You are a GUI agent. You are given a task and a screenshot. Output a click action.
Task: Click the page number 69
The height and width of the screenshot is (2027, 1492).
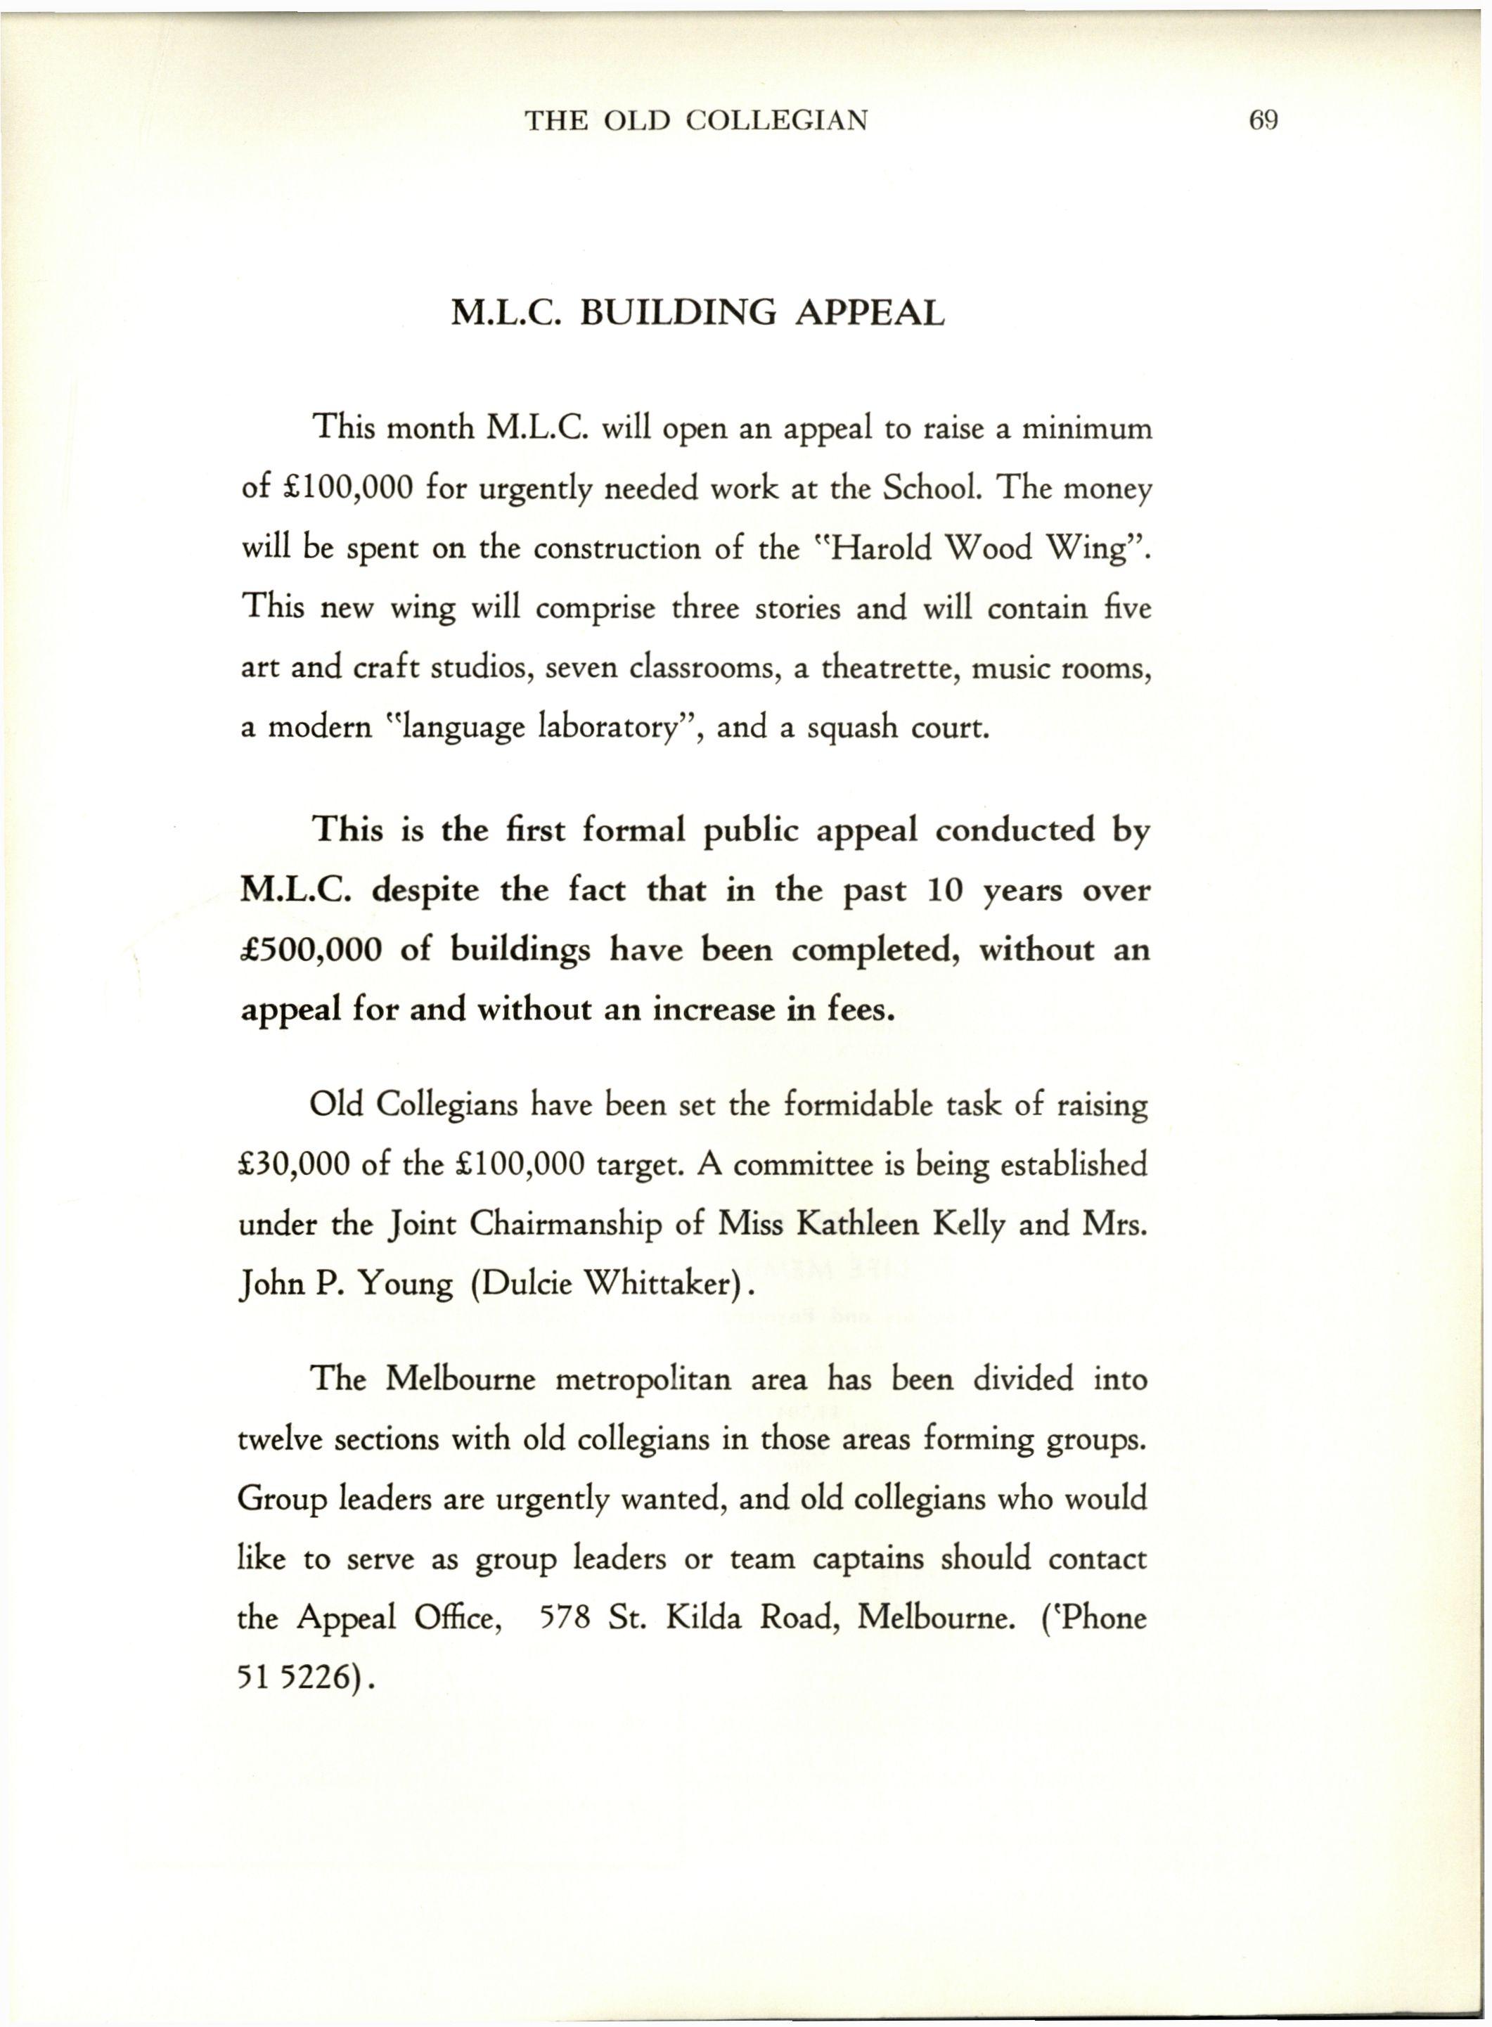click(1263, 120)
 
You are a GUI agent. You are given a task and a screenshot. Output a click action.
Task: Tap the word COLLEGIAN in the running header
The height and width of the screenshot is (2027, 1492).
click(777, 120)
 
